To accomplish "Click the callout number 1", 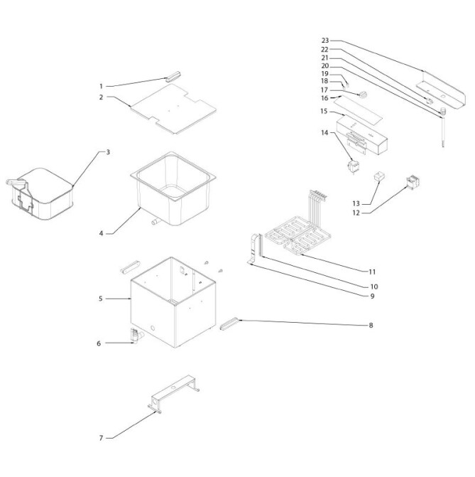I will click(x=102, y=86).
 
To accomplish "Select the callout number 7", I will click(x=102, y=438).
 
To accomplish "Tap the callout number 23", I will click(x=325, y=41).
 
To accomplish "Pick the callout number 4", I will click(x=102, y=233).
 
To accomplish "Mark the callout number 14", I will click(x=324, y=133).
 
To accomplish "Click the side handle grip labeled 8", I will click(x=230, y=325).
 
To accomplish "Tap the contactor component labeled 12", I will click(x=411, y=183).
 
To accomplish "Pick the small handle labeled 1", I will click(x=175, y=77).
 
